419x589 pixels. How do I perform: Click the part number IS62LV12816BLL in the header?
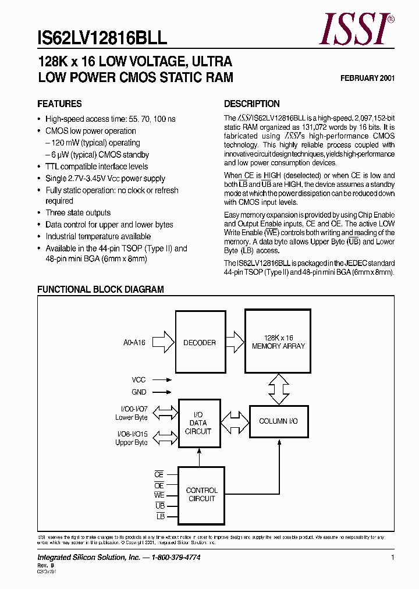click(x=102, y=38)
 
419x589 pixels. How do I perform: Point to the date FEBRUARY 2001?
click(x=367, y=78)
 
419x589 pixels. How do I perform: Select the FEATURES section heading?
click(x=59, y=104)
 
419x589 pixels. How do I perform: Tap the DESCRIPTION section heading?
click(x=252, y=104)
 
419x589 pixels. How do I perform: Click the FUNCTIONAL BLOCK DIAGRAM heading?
click(x=101, y=289)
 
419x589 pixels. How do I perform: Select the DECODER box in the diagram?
click(x=199, y=343)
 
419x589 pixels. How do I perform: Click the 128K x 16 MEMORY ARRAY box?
click(x=278, y=342)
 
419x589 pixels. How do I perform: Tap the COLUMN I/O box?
click(x=278, y=421)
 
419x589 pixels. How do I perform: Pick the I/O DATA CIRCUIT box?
click(x=199, y=423)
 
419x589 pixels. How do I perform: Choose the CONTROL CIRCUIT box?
click(x=201, y=494)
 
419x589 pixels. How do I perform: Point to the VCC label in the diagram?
click(x=139, y=379)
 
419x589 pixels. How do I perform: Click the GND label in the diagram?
click(x=139, y=392)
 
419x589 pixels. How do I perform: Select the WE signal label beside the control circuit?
click(x=159, y=495)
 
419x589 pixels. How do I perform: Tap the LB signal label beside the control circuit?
click(x=161, y=516)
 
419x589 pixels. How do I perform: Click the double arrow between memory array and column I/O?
click(x=278, y=389)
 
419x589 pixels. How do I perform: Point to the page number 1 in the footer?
click(x=393, y=558)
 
